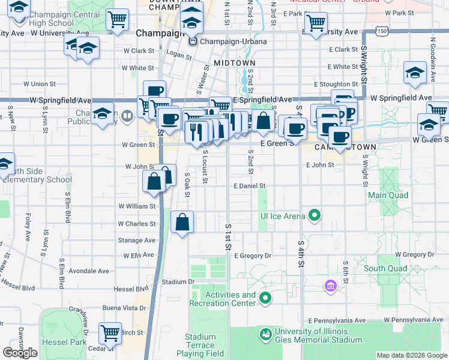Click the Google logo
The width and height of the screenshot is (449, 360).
click(x=20, y=353)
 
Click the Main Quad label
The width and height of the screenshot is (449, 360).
click(x=388, y=195)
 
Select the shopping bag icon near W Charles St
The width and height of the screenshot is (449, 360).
click(x=182, y=222)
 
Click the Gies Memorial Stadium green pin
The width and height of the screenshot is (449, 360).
click(x=265, y=333)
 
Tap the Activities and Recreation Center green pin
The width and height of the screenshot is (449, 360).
click(x=265, y=298)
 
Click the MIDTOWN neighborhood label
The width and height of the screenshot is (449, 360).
click(x=234, y=62)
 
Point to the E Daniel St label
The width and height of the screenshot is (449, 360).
click(x=250, y=186)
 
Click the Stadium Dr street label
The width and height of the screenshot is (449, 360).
click(x=178, y=281)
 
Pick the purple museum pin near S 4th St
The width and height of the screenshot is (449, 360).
click(x=329, y=285)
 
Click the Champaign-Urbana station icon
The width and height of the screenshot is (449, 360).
click(x=193, y=41)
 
